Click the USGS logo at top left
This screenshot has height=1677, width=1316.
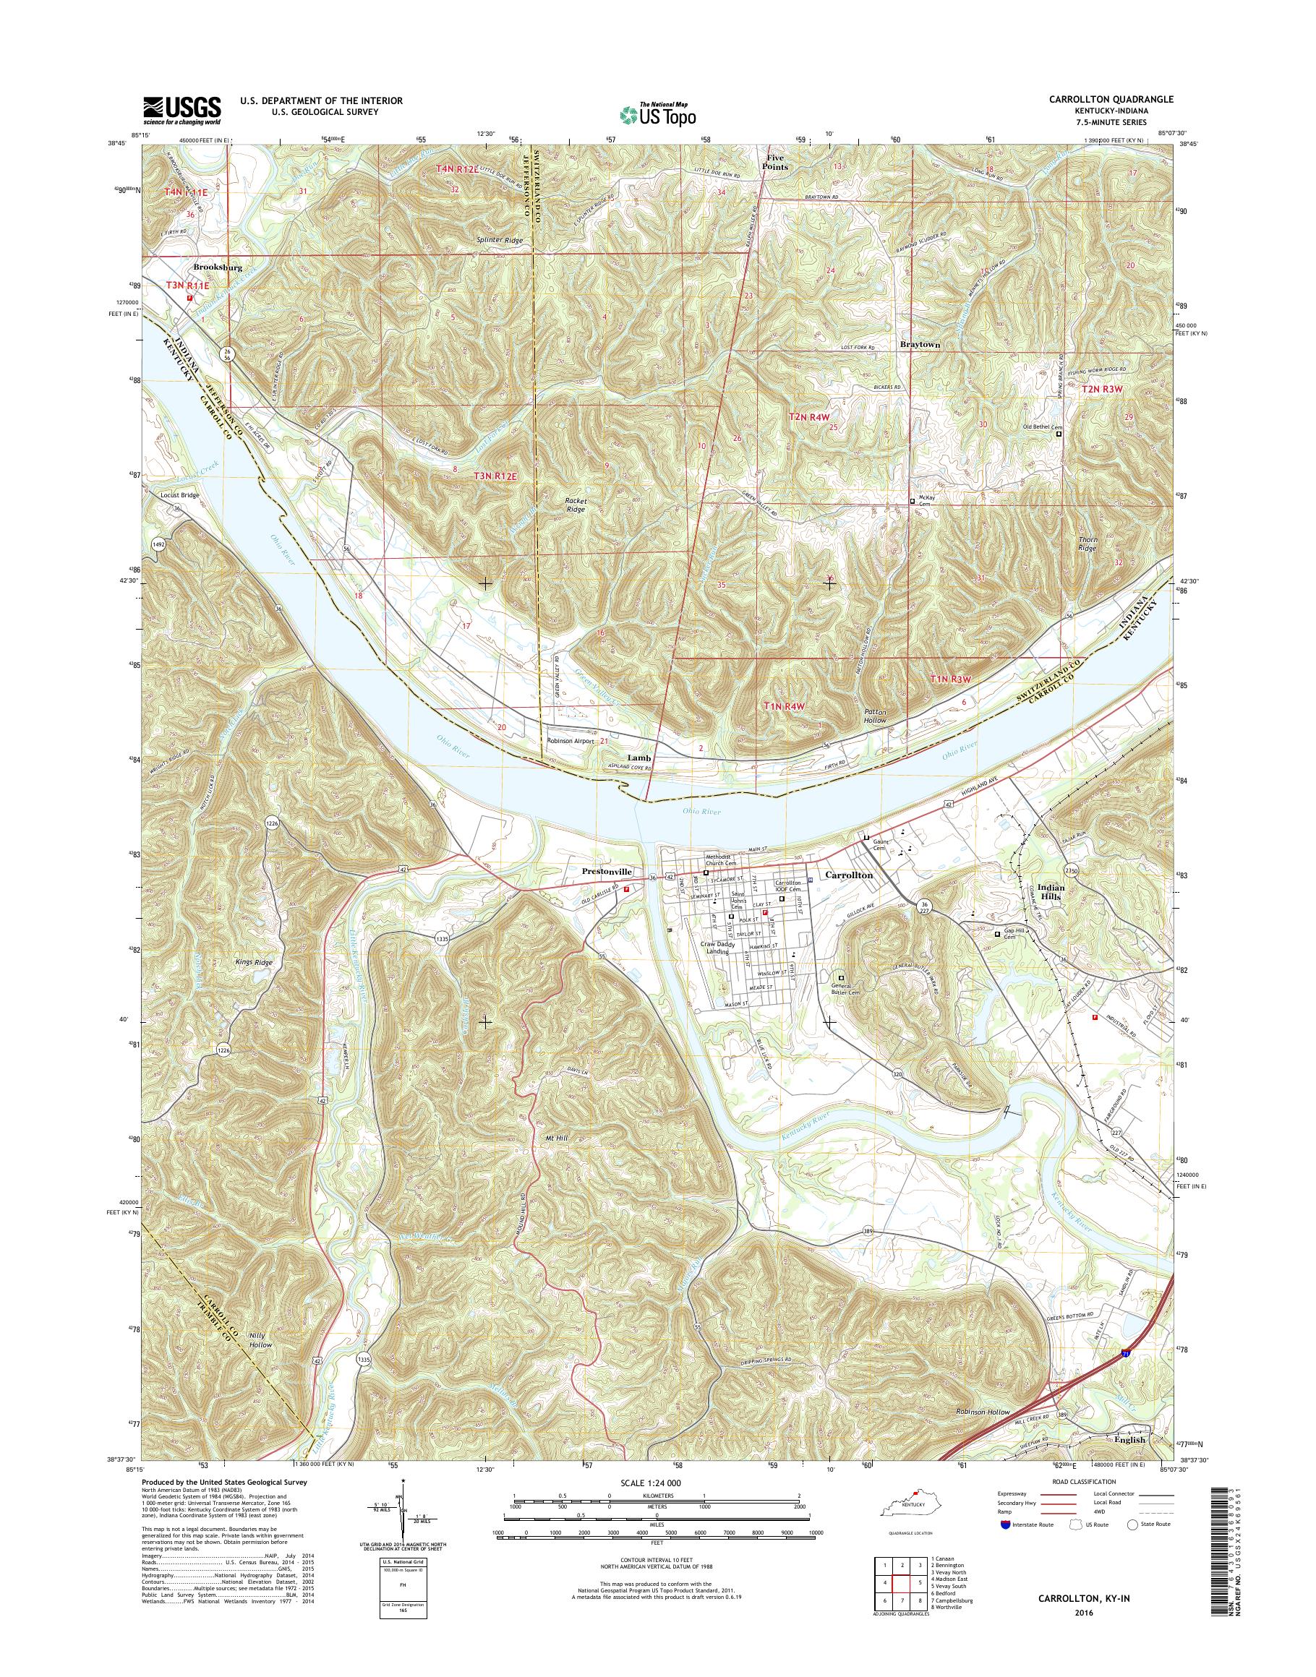(x=181, y=110)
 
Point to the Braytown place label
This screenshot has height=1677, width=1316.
(x=920, y=345)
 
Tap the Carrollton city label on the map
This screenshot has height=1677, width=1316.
(x=849, y=876)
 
